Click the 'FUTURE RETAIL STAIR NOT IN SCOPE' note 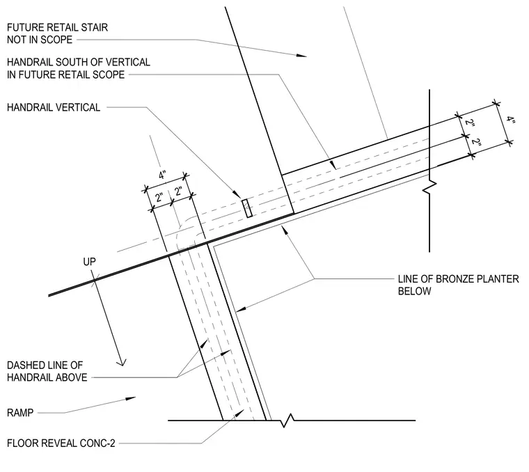tap(57, 33)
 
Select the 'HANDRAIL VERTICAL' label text tap(54, 107)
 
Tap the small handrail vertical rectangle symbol tap(247, 208)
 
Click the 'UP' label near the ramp tap(89, 262)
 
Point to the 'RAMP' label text tap(20, 413)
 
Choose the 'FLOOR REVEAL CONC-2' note tap(61, 443)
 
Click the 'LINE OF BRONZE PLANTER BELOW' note tap(458, 285)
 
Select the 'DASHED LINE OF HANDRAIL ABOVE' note tap(47, 371)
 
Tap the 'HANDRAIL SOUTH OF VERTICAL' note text tap(79, 62)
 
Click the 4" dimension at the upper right tap(510, 120)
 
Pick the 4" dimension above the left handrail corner tap(163, 175)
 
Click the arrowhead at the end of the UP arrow tap(121, 362)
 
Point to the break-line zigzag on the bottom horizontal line tap(287, 420)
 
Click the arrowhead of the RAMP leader tap(131, 398)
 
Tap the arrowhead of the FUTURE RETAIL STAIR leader tap(301, 55)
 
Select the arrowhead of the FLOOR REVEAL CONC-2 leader tap(240, 413)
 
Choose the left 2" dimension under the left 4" tap(159, 198)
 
